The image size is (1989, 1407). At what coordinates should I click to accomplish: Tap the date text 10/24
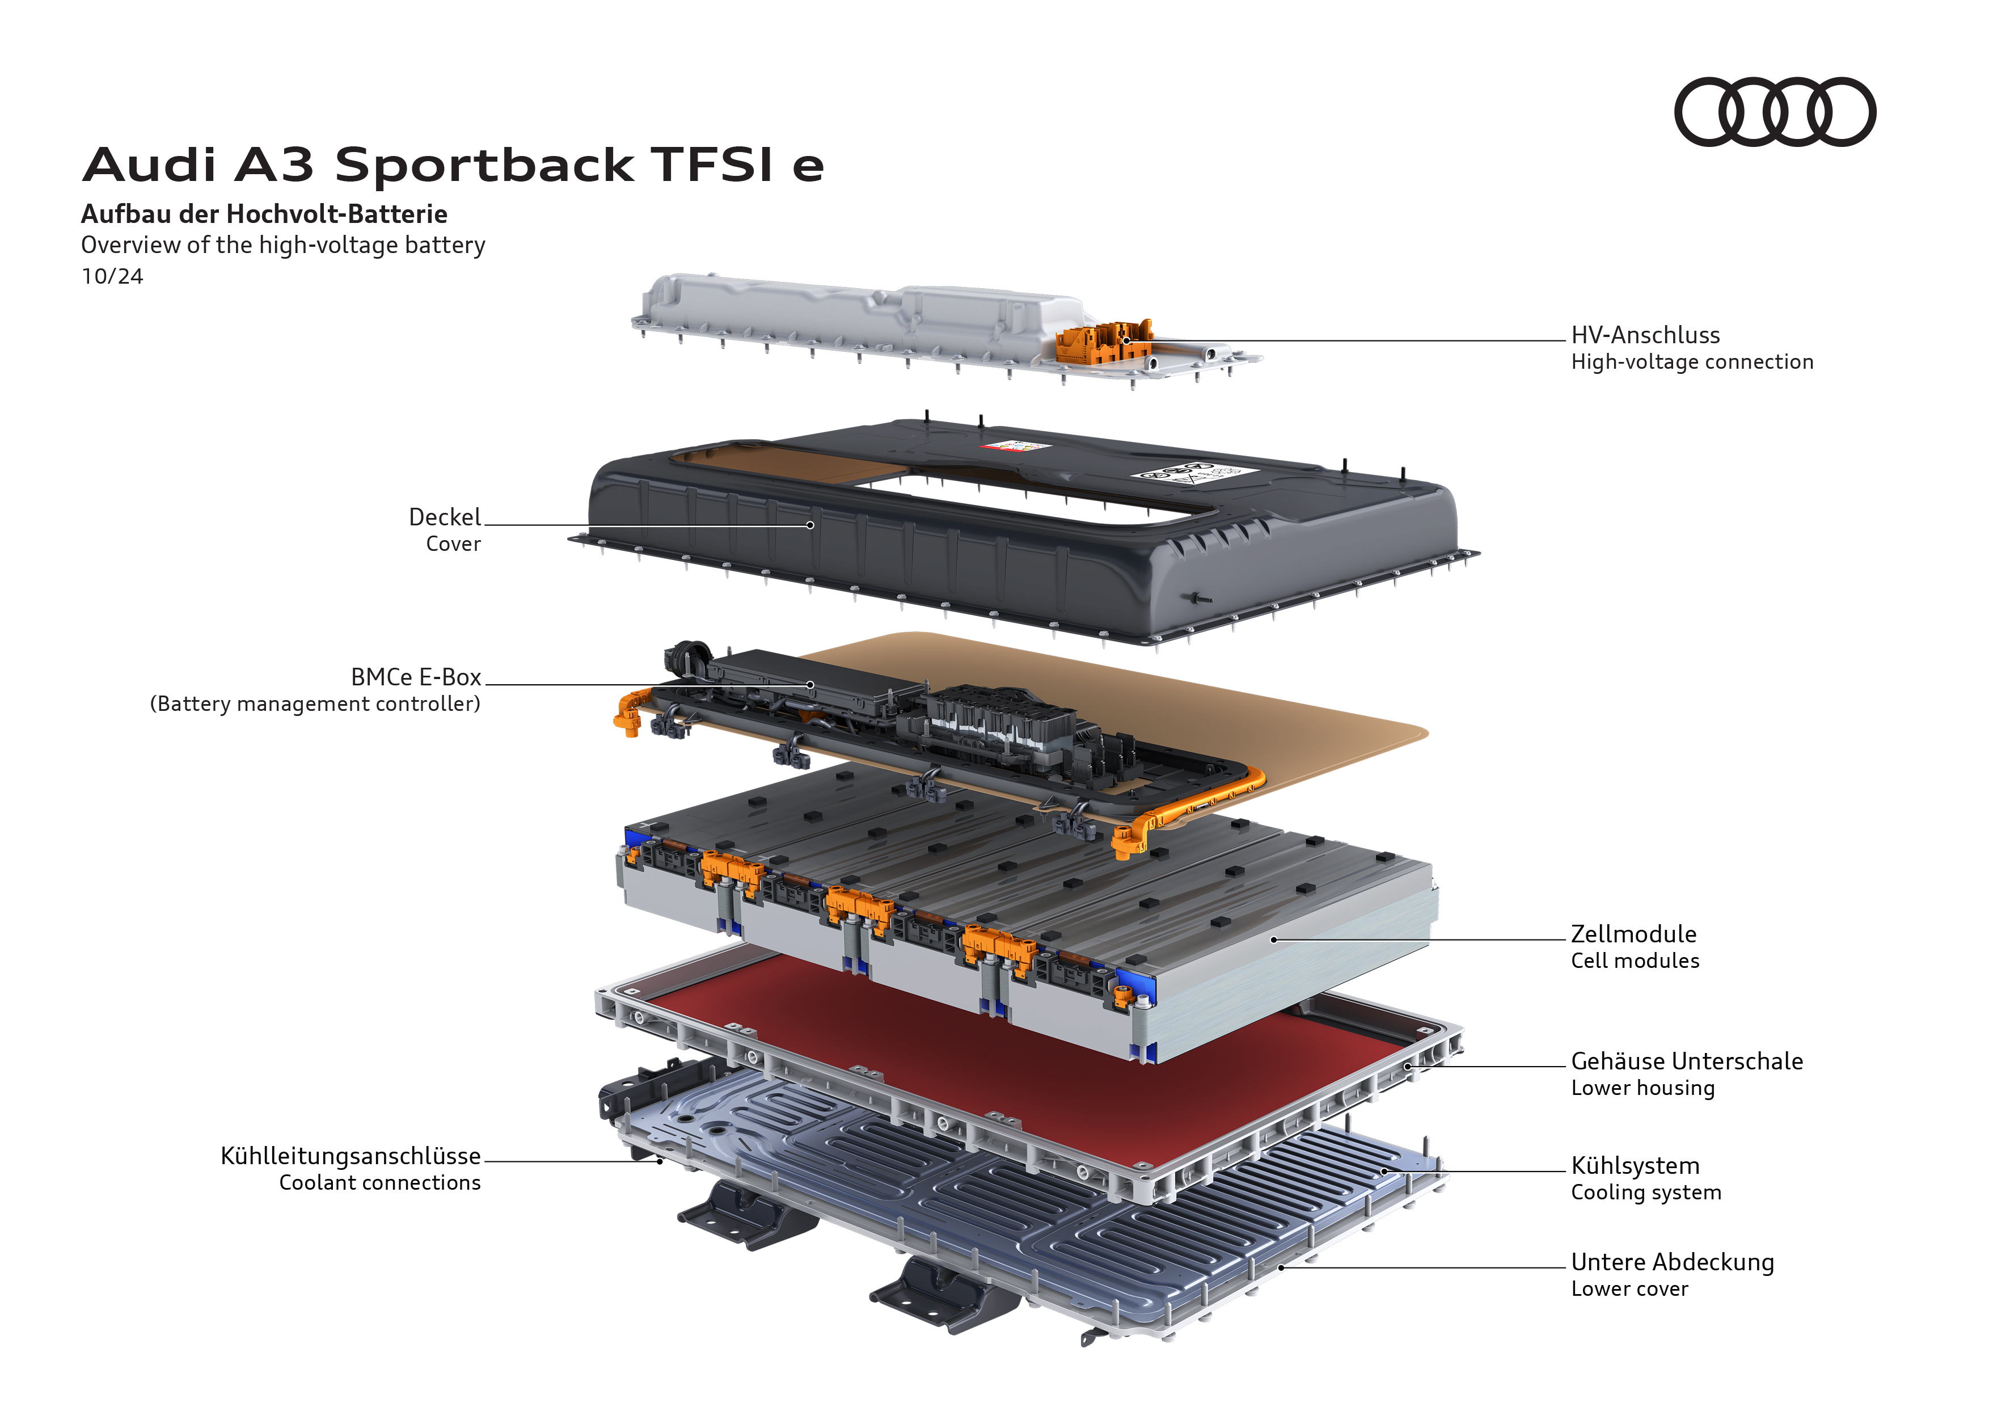click(112, 276)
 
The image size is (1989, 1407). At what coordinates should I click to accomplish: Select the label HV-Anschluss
click(1645, 335)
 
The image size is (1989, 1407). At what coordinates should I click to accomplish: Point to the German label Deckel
click(445, 517)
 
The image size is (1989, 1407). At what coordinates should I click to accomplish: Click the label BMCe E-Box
click(415, 677)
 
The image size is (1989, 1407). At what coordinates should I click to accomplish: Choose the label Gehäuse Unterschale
click(1687, 1061)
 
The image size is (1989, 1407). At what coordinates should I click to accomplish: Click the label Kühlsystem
click(1635, 1165)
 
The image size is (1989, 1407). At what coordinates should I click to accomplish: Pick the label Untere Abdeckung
click(1672, 1262)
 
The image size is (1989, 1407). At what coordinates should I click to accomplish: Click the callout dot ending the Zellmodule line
click(1273, 939)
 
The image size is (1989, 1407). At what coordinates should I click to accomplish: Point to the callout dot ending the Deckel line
click(810, 525)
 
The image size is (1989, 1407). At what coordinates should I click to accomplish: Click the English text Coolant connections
click(379, 1182)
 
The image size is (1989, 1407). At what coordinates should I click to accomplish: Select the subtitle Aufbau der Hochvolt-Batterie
click(264, 214)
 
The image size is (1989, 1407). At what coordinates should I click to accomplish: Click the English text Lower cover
click(1629, 1289)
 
